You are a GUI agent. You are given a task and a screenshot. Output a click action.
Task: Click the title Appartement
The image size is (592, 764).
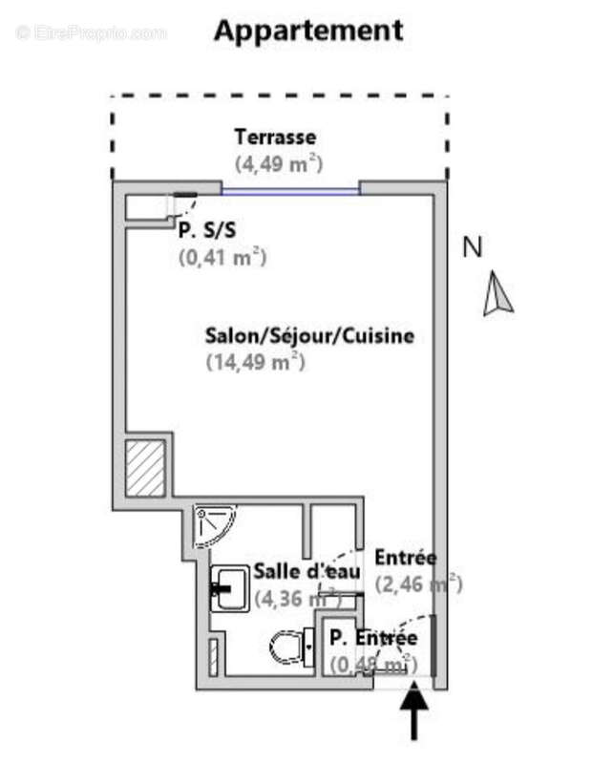click(x=307, y=30)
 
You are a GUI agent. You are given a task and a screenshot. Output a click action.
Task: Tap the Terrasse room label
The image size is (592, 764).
click(x=275, y=137)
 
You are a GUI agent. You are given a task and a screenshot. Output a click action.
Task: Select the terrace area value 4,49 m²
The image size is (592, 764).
click(x=278, y=162)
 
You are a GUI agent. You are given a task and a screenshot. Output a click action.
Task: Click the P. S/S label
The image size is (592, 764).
click(x=207, y=229)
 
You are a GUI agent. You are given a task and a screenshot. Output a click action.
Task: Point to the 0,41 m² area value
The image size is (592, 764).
click(x=222, y=256)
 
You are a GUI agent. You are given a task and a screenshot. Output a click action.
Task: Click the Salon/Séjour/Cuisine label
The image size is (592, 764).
click(x=309, y=336)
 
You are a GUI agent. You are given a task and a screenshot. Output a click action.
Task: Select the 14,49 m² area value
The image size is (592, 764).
click(x=255, y=362)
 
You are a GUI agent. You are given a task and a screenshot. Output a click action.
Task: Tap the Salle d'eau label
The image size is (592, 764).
click(x=307, y=571)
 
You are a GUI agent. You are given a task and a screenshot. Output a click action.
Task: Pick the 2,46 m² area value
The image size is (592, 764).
click(x=418, y=583)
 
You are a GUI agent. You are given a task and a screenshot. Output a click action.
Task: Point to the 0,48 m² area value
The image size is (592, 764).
click(x=372, y=662)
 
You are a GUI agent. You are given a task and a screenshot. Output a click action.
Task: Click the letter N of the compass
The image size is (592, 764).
click(x=472, y=247)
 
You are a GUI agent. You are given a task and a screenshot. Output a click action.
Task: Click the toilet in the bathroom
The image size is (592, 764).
click(x=291, y=647)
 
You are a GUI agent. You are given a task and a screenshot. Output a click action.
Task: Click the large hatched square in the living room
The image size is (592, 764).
click(x=147, y=467)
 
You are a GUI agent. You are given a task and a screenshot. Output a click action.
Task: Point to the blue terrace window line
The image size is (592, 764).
click(x=291, y=192)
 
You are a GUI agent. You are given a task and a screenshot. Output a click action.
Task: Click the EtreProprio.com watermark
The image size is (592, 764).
click(x=91, y=32)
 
